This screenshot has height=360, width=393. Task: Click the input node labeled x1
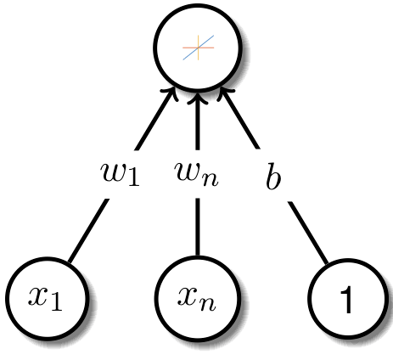48,299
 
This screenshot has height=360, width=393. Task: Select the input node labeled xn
198,298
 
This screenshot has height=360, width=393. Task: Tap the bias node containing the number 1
347,299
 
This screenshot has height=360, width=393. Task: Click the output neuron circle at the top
198,47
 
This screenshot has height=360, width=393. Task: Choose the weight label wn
197,174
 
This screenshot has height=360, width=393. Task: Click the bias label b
273,176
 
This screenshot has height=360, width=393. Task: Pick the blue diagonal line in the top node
199,48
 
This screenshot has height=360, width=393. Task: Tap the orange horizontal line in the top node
198,48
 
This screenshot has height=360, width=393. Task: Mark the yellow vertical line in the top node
199,48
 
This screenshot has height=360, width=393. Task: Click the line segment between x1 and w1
88,231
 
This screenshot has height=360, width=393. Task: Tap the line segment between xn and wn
198,227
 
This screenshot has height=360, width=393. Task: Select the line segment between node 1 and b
308,233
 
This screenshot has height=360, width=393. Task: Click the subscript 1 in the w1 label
133,177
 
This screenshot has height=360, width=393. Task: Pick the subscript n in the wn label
210,179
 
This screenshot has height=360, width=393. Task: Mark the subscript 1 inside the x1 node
56,303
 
